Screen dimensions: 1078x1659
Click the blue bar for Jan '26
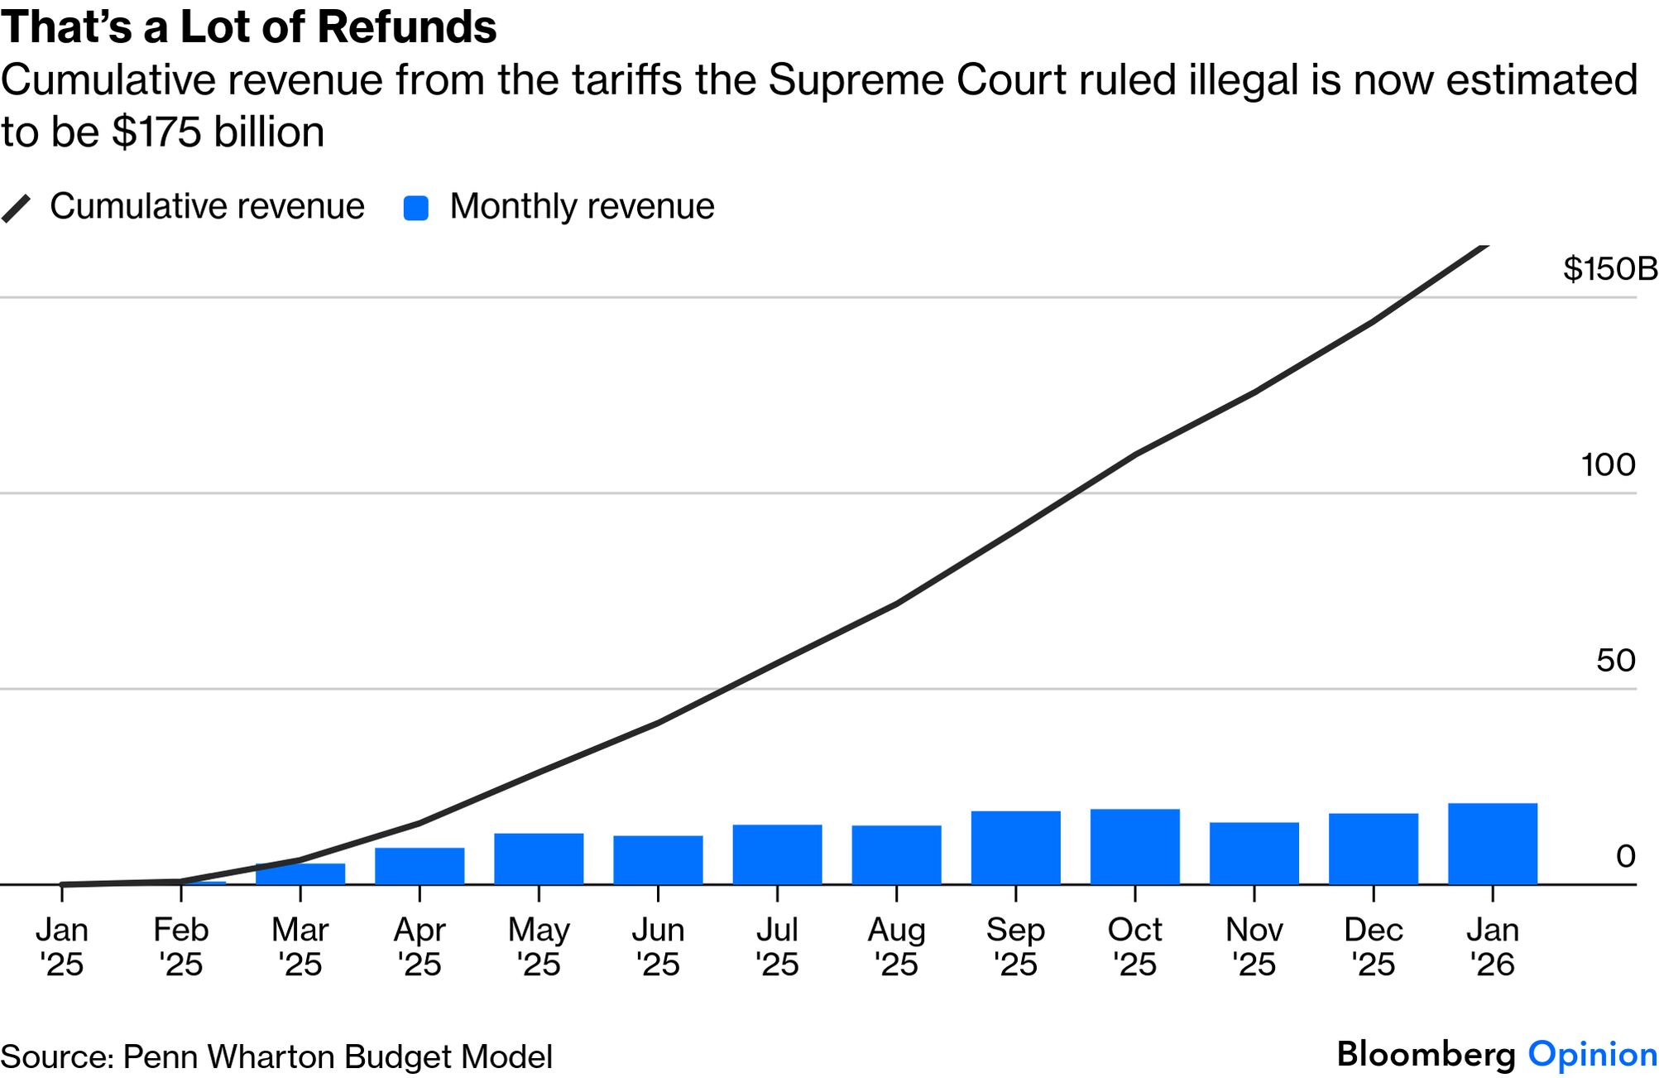click(x=1492, y=844)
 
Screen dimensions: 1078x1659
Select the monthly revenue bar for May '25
click(x=539, y=859)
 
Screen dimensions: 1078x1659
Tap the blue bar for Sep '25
click(x=1015, y=848)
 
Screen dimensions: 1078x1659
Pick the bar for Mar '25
click(x=300, y=874)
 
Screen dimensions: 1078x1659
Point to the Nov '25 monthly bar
click(x=1254, y=854)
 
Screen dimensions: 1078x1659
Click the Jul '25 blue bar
click(x=777, y=854)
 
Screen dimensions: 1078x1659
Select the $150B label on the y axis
click(x=1609, y=269)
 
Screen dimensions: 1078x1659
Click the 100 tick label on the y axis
click(x=1608, y=464)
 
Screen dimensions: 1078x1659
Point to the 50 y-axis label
click(x=1615, y=660)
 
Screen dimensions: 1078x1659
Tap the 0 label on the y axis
click(x=1625, y=856)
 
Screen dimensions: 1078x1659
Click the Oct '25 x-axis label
click(x=1134, y=946)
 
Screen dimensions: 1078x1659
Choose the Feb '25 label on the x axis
click(x=181, y=946)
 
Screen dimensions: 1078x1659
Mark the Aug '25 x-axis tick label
click(x=896, y=946)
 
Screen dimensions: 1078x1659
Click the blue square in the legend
click(x=415, y=208)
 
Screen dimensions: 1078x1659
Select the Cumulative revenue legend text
click(x=207, y=206)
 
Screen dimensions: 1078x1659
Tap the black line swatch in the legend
click(x=16, y=208)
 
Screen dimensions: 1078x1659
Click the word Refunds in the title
click(x=407, y=26)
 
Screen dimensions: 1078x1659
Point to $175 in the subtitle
click(x=156, y=132)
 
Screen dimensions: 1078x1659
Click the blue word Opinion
click(x=1592, y=1054)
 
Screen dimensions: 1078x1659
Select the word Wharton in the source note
click(x=271, y=1057)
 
